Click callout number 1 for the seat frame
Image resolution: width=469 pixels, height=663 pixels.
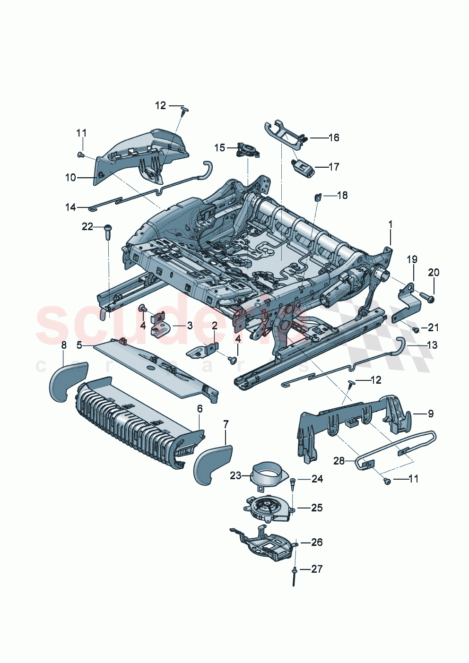(x=391, y=224)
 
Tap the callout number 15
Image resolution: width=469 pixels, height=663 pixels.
(x=220, y=148)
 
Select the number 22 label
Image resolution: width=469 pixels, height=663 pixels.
(x=87, y=227)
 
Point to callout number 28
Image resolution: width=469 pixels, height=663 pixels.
(x=339, y=460)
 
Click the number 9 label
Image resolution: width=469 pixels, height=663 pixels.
(x=430, y=413)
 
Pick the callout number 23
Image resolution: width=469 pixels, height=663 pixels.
(x=235, y=475)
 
